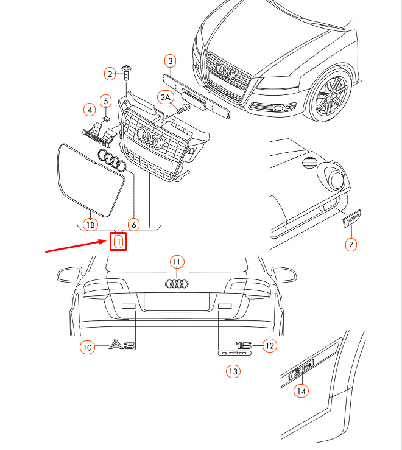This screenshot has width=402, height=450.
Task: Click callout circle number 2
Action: [111, 74]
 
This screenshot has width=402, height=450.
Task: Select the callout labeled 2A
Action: [165, 97]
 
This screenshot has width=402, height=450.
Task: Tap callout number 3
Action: [171, 61]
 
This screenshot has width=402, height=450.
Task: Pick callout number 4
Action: [90, 110]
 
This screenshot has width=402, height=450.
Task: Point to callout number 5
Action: [105, 100]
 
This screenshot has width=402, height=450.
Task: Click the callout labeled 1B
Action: [90, 225]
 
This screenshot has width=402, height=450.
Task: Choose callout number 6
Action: [134, 225]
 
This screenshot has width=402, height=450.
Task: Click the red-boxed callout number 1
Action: [118, 242]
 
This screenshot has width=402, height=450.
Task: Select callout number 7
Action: [351, 245]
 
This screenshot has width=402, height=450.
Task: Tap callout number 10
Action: [88, 347]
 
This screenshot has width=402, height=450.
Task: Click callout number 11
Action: [177, 262]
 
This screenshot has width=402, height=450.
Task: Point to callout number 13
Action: [233, 370]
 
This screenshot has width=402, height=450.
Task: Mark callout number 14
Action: [300, 392]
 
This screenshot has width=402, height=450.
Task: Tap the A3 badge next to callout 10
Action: [121, 345]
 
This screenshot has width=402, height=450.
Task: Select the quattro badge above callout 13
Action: [234, 353]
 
